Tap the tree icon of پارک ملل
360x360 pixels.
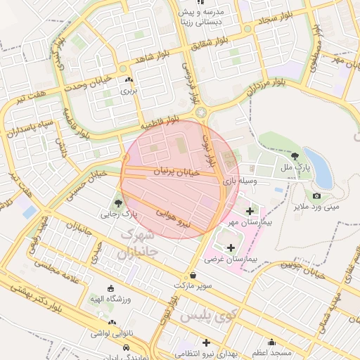(295, 156)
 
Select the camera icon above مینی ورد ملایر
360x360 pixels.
(316, 195)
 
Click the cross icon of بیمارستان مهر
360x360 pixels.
(250, 211)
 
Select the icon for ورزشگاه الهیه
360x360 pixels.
(110, 288)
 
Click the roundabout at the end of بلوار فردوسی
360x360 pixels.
(202, 112)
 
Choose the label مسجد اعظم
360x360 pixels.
(273, 351)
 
